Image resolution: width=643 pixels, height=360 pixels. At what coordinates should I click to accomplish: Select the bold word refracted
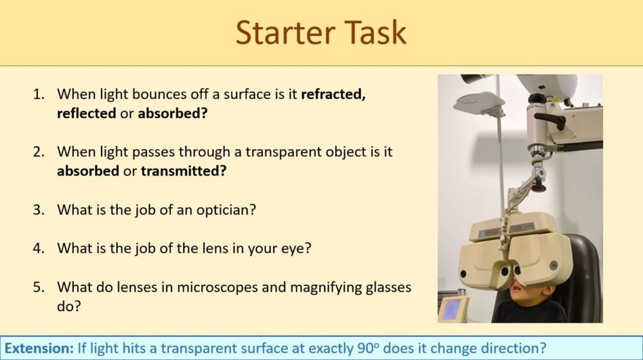334,94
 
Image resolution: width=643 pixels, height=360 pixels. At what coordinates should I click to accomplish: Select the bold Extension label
39,348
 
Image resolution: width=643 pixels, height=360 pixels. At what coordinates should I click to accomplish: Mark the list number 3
39,210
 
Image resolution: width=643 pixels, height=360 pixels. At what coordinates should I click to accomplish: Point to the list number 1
39,94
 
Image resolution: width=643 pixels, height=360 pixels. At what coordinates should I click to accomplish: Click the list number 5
39,287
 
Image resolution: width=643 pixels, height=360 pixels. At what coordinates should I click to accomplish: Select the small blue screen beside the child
453,309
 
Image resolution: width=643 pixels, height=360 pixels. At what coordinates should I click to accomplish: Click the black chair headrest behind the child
582,270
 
